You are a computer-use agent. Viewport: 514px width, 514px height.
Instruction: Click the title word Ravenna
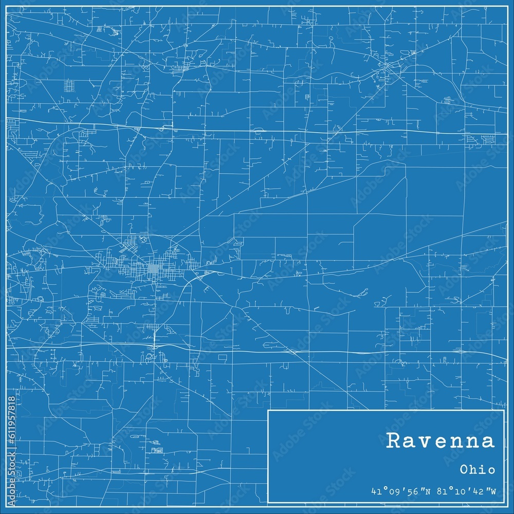[x=440, y=441]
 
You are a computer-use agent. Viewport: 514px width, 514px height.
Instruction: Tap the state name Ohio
[x=478, y=469]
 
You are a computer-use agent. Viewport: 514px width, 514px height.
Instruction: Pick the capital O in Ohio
[x=464, y=469]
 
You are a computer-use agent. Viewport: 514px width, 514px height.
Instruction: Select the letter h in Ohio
[x=474, y=469]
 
